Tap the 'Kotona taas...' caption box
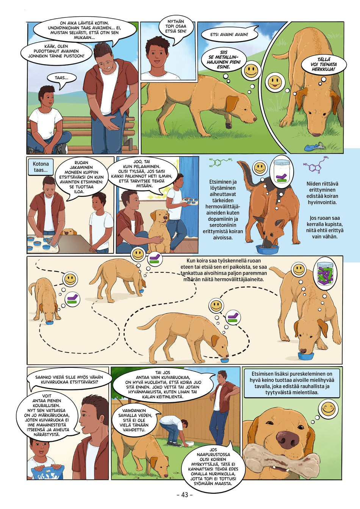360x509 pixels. [x=41, y=167]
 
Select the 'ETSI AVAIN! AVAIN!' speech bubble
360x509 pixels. [x=229, y=35]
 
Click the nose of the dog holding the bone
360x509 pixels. [x=288, y=438]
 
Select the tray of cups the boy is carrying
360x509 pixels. [x=189, y=201]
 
